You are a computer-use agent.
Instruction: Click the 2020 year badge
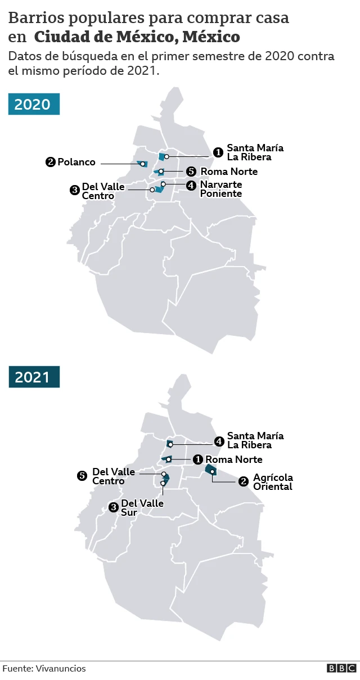[33, 105]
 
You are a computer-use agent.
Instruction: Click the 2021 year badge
[33, 377]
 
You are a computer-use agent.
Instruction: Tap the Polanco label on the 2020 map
[76, 163]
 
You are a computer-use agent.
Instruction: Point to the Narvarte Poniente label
[220, 189]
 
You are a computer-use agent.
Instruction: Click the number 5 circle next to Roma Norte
[191, 172]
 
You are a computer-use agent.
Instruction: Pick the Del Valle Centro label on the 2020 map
[103, 191]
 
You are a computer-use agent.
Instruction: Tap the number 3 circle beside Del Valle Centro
[74, 190]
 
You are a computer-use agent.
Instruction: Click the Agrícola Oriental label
[273, 482]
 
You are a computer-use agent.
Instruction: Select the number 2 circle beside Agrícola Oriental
[244, 481]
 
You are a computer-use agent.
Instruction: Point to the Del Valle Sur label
[142, 507]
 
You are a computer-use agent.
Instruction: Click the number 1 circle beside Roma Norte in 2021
[197, 460]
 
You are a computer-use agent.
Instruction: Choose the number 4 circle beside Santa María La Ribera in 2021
[219, 440]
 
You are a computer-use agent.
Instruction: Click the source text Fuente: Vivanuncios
[44, 668]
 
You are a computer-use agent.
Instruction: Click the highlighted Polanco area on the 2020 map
[142, 164]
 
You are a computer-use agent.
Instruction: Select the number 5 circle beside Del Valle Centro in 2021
[82, 476]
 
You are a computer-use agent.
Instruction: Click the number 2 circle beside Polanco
[50, 163]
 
